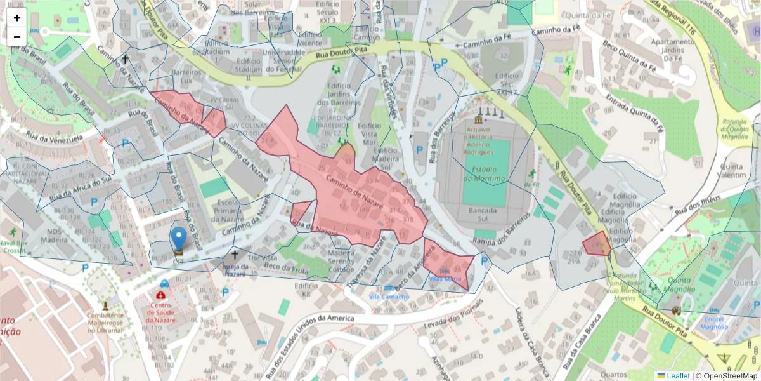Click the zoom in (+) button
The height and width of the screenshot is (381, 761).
click(x=17, y=18)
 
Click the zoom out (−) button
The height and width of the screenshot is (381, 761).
click(x=17, y=37)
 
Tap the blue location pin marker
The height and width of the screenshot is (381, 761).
click(x=179, y=239)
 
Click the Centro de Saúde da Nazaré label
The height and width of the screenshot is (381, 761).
click(x=161, y=312)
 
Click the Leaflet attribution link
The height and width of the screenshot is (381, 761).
click(x=677, y=376)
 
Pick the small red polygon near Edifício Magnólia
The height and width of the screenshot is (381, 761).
click(x=596, y=243)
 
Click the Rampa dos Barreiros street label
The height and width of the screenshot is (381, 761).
click(x=501, y=229)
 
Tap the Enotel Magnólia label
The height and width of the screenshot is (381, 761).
click(x=713, y=323)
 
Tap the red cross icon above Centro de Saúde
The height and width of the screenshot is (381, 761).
click(x=161, y=295)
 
